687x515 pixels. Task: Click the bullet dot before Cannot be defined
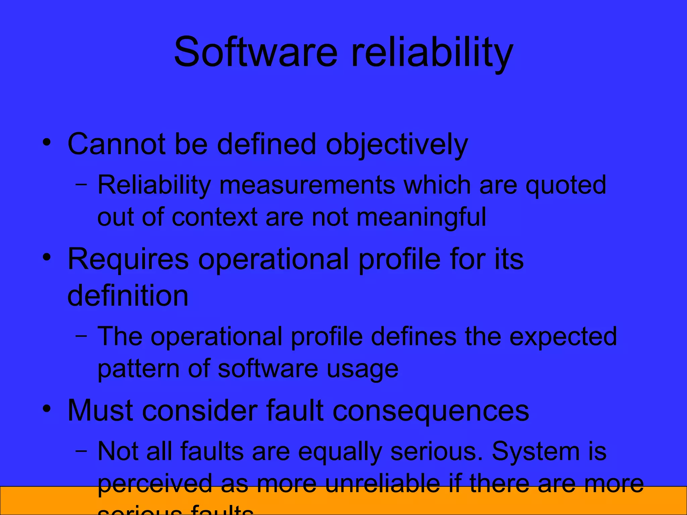click(x=47, y=142)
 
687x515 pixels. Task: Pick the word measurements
click(x=307, y=185)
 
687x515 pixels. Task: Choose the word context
click(x=214, y=217)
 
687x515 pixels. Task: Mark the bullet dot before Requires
click(x=47, y=257)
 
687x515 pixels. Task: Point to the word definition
click(x=128, y=295)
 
